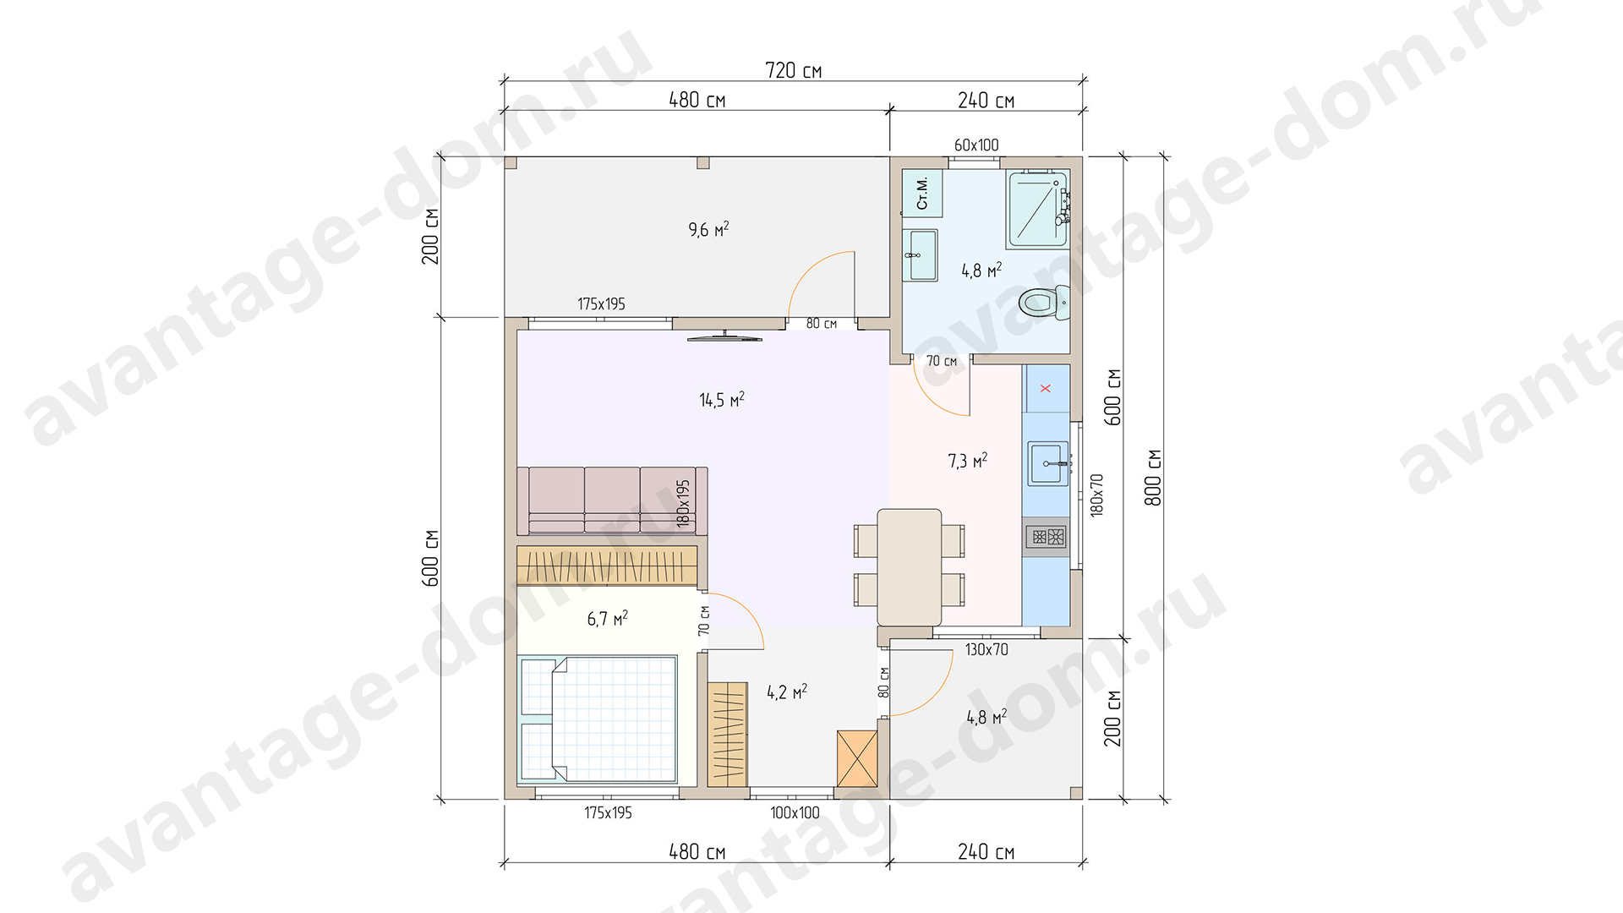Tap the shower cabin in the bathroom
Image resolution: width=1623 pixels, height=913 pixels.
[x=1038, y=208]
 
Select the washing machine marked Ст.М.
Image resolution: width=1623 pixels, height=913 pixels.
[x=921, y=193]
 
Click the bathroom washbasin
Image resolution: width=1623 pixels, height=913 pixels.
[x=920, y=254]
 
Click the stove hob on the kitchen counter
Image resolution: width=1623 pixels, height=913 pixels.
[x=1046, y=537]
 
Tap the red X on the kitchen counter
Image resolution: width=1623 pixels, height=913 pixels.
[x=1046, y=388]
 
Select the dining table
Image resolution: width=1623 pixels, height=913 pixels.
[x=910, y=566]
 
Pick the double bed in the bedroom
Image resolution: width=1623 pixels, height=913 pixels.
[x=598, y=719]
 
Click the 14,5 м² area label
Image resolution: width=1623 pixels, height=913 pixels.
[x=722, y=399]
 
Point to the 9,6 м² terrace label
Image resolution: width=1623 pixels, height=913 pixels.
[x=708, y=229]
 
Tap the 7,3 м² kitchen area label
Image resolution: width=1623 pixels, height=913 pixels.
[x=968, y=461]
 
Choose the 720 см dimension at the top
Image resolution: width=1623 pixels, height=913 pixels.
[x=793, y=70]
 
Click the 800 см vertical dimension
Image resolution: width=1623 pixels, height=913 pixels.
[x=1153, y=478]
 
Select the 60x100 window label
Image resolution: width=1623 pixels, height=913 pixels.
[x=976, y=145]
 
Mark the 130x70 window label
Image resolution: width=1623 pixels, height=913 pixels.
[x=986, y=650]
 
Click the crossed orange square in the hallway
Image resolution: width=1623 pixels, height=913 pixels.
[x=857, y=758]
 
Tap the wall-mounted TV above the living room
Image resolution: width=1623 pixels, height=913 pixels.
[x=724, y=338]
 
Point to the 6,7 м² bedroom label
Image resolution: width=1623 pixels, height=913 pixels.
[x=608, y=619]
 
